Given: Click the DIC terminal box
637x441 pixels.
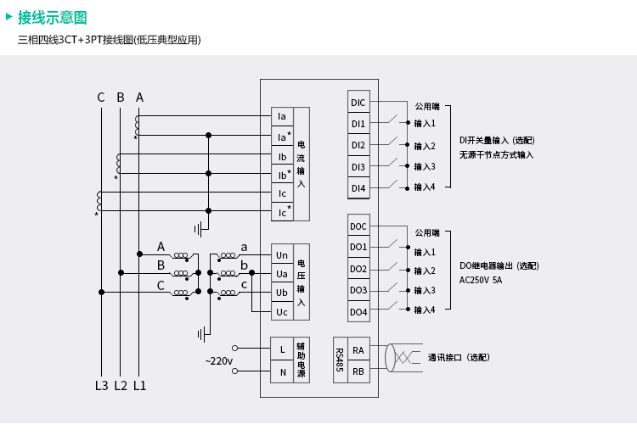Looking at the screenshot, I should [358, 103].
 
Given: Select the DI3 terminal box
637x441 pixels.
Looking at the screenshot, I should [358, 167].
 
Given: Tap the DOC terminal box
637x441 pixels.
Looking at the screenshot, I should [358, 226].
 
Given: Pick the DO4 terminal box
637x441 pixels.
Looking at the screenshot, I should [358, 312].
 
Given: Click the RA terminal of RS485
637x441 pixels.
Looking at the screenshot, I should [358, 349].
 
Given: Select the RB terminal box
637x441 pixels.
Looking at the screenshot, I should [358, 371].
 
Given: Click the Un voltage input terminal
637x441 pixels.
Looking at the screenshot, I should [282, 254].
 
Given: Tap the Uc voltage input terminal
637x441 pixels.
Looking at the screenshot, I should [282, 312].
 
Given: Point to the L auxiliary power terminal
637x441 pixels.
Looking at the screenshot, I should [282, 349].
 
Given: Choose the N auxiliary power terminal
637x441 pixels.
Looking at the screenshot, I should [282, 371].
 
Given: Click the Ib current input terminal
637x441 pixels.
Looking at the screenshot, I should [282, 157].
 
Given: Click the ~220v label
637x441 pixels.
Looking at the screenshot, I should [218, 361].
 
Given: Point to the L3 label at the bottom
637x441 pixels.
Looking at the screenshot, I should [101, 386].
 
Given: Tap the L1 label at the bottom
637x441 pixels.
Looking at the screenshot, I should [140, 386].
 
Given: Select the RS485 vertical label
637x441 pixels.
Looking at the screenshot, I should [339, 360].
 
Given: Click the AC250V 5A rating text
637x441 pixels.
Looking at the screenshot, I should [480, 280].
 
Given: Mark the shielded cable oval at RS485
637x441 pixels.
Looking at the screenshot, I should [390, 358].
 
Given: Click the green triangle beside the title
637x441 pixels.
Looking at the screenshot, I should [8, 16].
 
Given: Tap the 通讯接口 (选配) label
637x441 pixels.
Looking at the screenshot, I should [459, 358].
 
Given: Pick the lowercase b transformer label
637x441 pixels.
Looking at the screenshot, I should [245, 265].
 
